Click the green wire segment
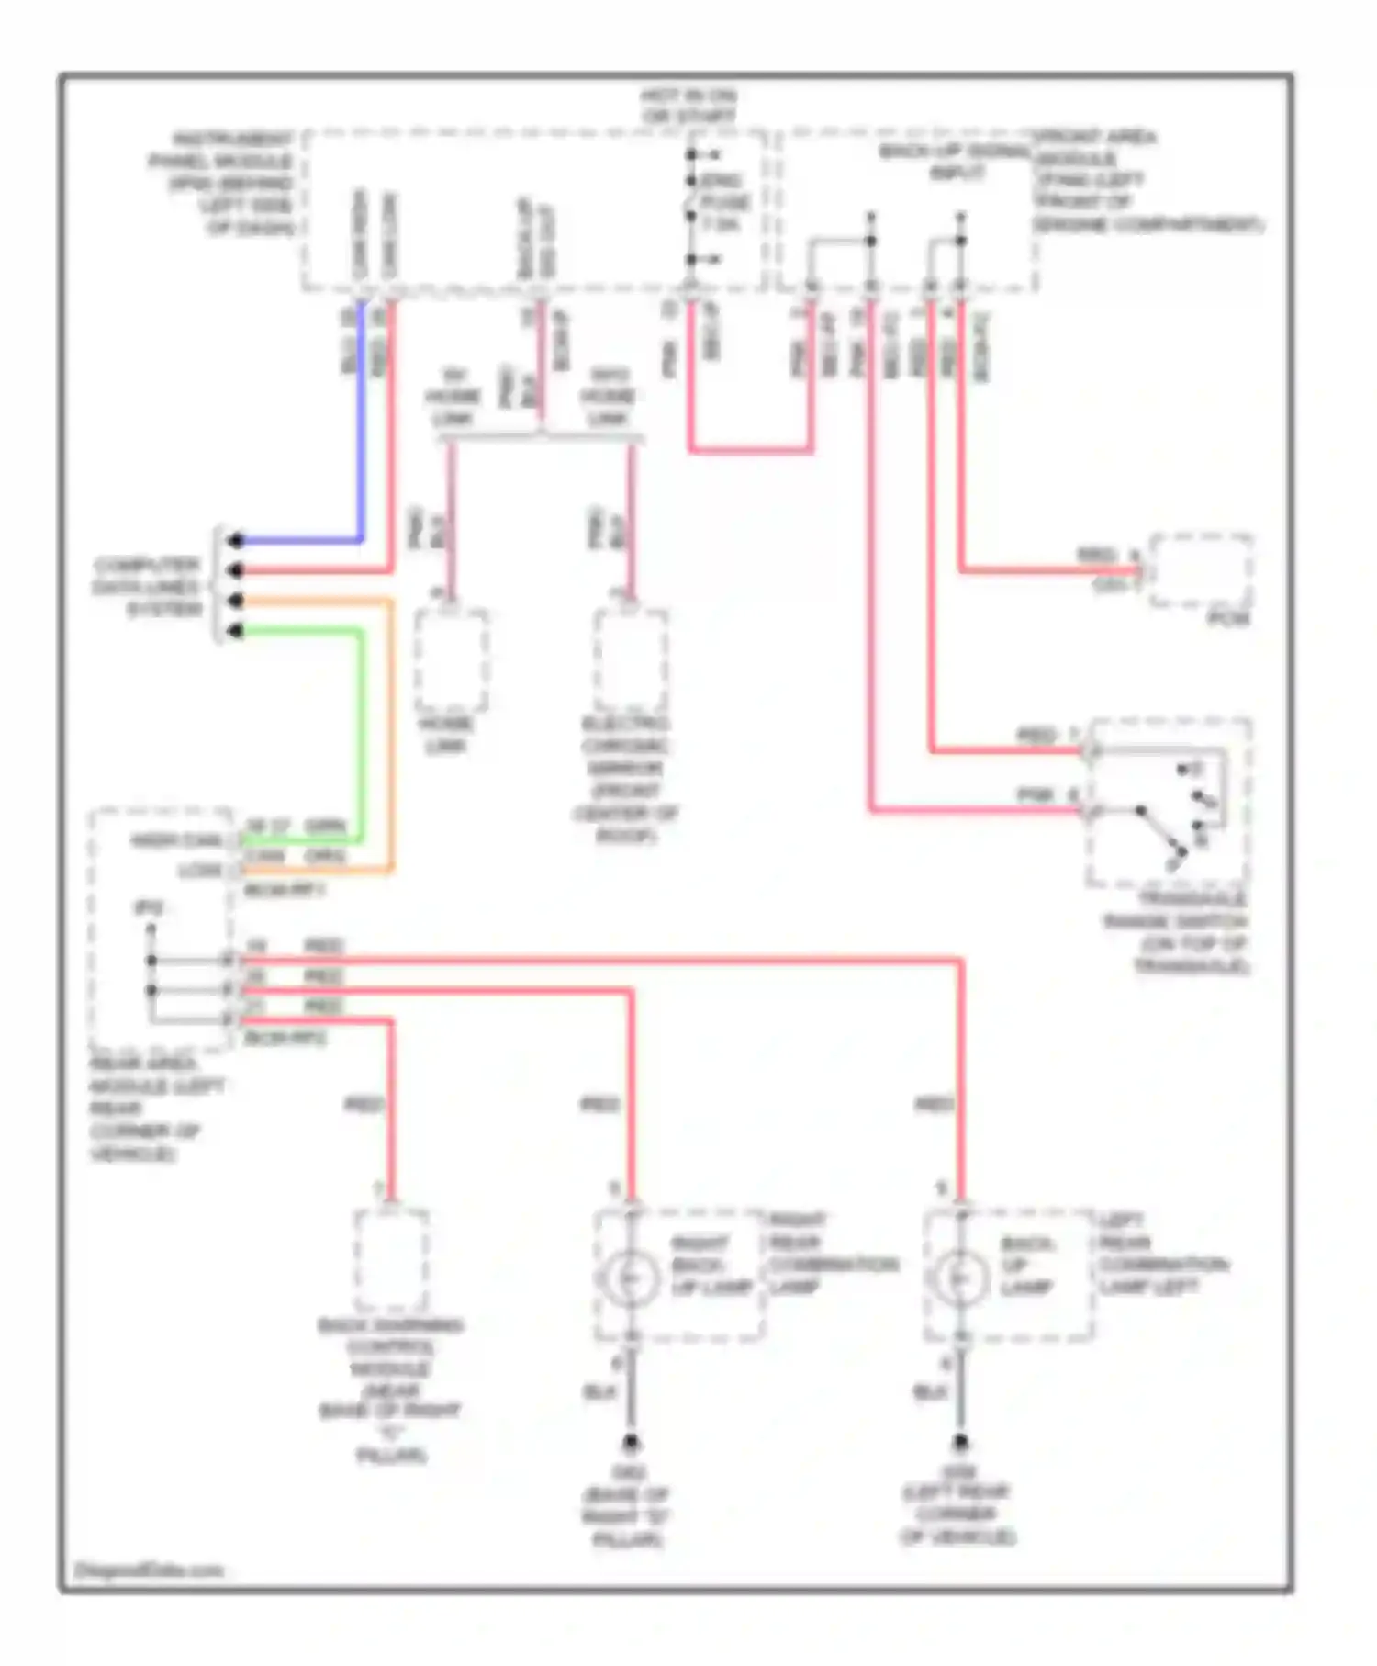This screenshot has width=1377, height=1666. tap(361, 735)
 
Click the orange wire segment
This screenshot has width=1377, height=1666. tap(392, 735)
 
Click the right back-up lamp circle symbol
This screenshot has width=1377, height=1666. tap(629, 1278)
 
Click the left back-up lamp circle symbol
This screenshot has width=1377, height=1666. tap(958, 1278)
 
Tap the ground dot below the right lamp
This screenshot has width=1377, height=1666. tap(631, 1443)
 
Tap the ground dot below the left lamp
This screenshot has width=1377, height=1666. tap(959, 1443)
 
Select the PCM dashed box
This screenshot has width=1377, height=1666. tap(1201, 570)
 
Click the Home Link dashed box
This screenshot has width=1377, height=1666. tap(451, 659)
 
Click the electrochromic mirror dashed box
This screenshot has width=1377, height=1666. tap(631, 659)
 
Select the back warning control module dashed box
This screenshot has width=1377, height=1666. tap(391, 1260)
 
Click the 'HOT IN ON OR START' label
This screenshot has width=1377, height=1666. tap(688, 106)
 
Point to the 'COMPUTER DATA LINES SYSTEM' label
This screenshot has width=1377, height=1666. tap(147, 586)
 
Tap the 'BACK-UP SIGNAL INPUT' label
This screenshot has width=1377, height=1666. tap(955, 162)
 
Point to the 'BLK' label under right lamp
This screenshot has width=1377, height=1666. tap(599, 1392)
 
